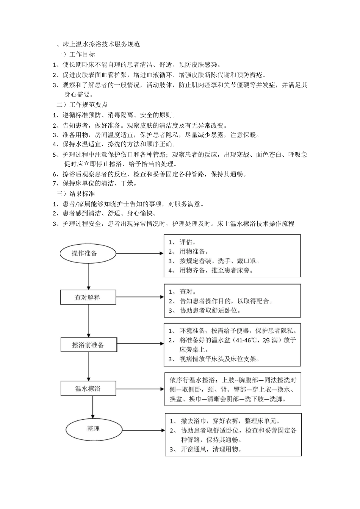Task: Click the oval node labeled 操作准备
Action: [85, 253]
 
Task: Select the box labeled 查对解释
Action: [88, 297]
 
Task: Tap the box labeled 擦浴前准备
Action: [88, 345]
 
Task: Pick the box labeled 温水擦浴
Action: [88, 389]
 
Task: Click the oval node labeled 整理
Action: [94, 429]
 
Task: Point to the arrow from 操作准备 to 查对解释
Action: [88, 276]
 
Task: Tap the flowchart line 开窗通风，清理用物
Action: [211, 450]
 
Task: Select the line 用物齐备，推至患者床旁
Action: [216, 270]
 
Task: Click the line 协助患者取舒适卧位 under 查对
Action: [210, 311]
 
